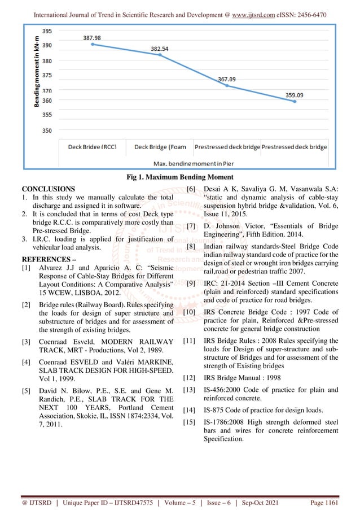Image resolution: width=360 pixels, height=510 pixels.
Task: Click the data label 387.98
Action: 93,38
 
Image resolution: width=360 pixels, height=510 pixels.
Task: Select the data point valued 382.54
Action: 160,55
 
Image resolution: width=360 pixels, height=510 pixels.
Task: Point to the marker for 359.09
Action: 294,102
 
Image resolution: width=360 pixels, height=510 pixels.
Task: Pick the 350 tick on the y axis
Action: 49,130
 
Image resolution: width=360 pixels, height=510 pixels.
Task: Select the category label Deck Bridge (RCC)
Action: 93,147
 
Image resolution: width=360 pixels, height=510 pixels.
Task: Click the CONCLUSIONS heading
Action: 48,188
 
